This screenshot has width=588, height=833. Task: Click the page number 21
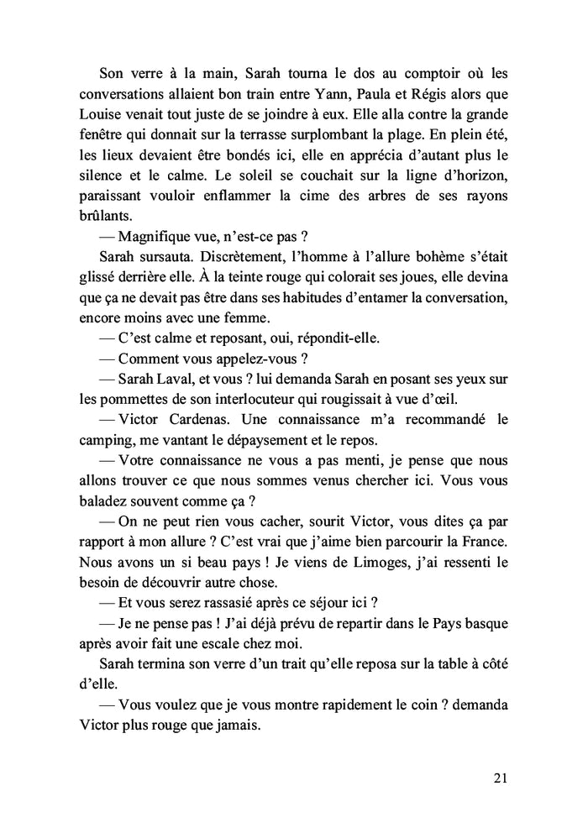pos(500,778)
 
